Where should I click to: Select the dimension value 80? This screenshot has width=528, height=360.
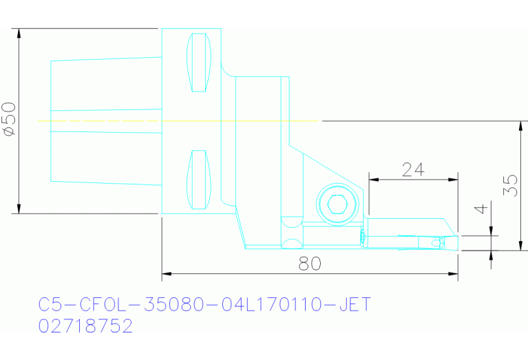pos(310,264)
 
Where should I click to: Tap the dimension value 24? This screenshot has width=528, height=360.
pos(412,170)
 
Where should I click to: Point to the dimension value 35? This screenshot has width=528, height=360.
pos(510,184)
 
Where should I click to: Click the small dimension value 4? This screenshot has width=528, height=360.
pos(482,209)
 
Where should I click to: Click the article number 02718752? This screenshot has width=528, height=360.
pos(85,326)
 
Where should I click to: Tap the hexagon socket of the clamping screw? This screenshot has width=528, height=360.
pos(337,204)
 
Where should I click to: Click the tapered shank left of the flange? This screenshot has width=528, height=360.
pos(103,121)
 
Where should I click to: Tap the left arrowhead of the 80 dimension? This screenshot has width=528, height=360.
pos(166,274)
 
